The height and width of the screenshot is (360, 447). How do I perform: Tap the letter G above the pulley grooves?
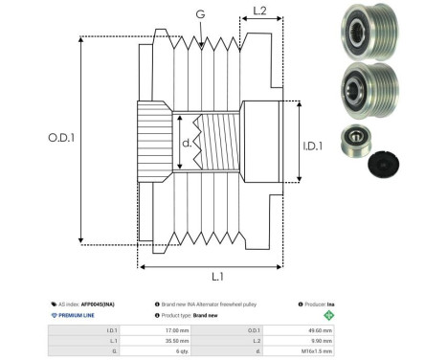(x=199, y=15)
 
